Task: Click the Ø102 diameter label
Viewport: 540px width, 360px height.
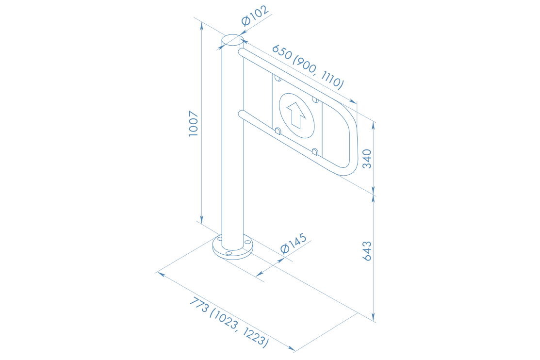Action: (255, 18)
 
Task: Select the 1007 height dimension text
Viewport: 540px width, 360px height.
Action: (194, 124)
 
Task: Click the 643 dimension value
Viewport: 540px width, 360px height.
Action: (367, 251)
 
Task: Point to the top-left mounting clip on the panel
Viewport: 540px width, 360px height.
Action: (278, 78)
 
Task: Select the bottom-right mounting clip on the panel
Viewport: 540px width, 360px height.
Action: (315, 152)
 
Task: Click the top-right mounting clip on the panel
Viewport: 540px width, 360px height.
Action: (315, 99)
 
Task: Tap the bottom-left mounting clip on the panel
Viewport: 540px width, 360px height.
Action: (278, 131)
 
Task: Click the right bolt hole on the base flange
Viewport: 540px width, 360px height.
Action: (247, 242)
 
